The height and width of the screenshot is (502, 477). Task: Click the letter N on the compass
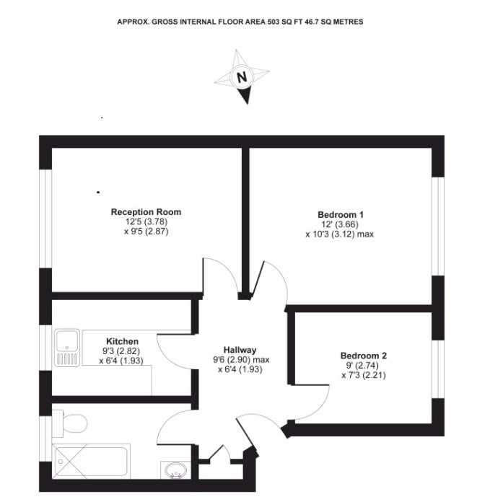click(x=242, y=77)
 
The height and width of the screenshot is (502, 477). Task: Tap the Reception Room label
click(x=146, y=212)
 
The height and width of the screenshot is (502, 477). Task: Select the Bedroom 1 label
click(x=341, y=215)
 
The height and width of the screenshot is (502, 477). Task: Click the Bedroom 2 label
click(x=364, y=356)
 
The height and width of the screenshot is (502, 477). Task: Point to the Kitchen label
click(x=122, y=341)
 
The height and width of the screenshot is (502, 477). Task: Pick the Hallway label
click(x=240, y=350)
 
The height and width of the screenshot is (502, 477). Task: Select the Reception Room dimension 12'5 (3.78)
click(x=146, y=222)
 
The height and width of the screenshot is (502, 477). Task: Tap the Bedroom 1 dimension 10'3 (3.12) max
click(x=339, y=234)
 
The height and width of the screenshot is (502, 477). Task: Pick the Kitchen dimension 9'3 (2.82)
click(x=122, y=351)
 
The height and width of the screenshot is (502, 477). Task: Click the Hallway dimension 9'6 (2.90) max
click(x=240, y=359)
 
